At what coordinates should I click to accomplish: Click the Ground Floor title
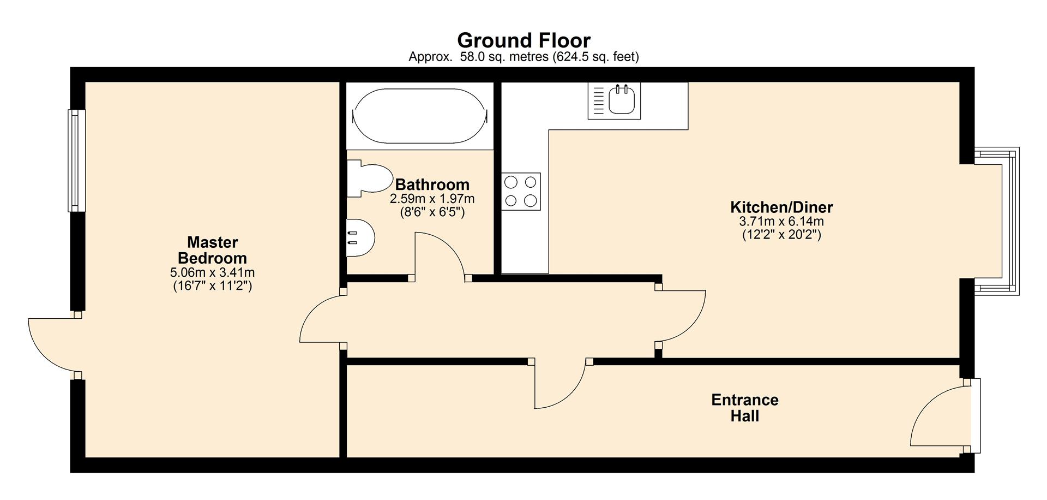[523, 40]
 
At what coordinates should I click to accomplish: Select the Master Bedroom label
[212, 250]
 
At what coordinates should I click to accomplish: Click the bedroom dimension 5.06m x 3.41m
[212, 272]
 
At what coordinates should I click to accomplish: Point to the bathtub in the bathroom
[419, 116]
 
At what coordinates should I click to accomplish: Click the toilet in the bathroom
[371, 178]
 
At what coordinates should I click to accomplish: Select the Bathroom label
[432, 184]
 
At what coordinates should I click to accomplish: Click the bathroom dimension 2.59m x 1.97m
[432, 199]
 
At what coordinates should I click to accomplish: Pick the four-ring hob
[521, 192]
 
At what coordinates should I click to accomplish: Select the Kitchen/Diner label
[781, 207]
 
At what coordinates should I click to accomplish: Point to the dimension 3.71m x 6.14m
[781, 222]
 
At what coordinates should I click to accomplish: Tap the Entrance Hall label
[744, 408]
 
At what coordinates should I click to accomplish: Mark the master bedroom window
[76, 160]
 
